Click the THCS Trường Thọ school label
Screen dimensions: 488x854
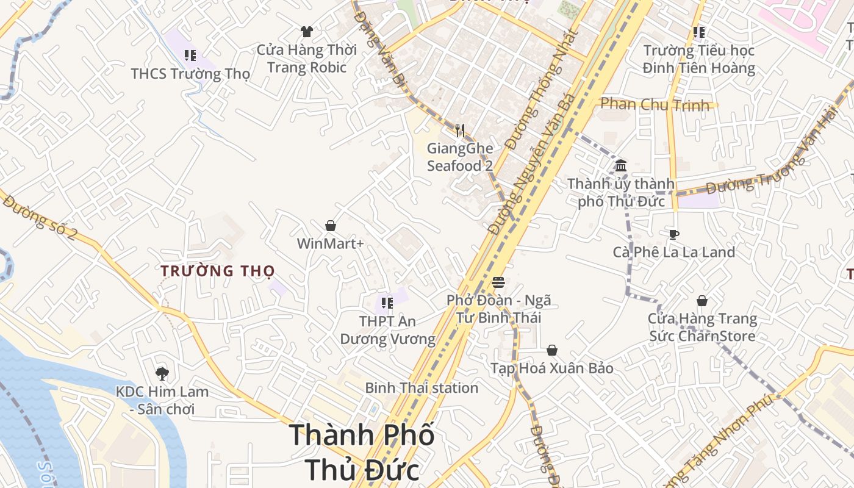(190, 74)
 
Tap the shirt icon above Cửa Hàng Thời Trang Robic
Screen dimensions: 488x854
(307, 32)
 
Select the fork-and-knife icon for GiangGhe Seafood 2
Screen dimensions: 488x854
(460, 130)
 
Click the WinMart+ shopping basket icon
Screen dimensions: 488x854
(331, 226)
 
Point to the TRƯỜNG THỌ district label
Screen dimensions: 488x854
(218, 271)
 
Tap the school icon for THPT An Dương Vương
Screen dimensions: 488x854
(387, 303)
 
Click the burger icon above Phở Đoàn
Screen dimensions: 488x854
(498, 282)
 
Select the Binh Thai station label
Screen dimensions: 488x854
(422, 388)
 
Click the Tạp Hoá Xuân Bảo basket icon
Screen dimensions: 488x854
(552, 350)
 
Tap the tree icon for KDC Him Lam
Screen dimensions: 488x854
(162, 373)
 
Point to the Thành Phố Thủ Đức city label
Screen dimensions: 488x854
(362, 452)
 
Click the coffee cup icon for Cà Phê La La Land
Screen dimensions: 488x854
(674, 234)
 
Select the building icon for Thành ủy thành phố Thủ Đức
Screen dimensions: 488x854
(621, 165)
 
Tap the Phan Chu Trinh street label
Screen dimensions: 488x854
(655, 104)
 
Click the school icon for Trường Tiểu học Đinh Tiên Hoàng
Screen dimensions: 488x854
(699, 32)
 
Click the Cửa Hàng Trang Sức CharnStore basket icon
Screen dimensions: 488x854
(702, 301)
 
